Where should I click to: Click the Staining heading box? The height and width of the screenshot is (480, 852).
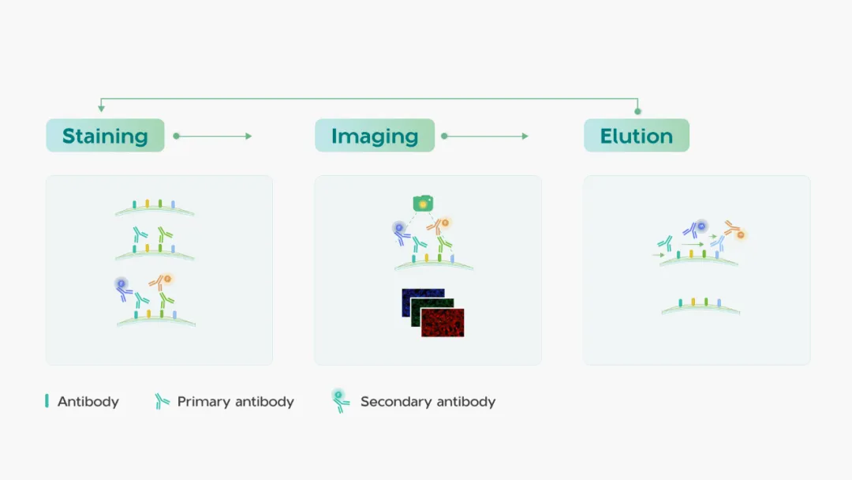coord(106,135)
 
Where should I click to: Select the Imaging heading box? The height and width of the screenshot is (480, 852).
coord(375,135)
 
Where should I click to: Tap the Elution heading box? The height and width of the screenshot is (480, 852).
coord(637,135)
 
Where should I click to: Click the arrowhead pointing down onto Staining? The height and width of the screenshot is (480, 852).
coord(101,108)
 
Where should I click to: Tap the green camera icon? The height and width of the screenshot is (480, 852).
coord(423,204)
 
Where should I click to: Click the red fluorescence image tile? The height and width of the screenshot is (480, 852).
coord(443,322)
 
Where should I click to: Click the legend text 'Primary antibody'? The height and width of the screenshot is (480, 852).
coord(235,402)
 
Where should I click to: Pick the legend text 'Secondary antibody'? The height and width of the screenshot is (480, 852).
coord(428,402)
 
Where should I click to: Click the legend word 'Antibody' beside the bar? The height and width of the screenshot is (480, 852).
coord(88,402)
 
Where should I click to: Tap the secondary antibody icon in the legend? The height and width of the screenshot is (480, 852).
coord(340,400)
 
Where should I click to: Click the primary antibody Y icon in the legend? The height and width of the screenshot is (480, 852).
coord(162,401)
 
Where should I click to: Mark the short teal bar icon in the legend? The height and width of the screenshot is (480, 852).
coord(47,400)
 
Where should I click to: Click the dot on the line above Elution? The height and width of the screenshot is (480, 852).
coord(637,111)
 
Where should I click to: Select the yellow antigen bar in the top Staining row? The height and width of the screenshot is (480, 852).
coord(148,204)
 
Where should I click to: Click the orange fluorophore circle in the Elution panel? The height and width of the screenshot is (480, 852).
coord(740,234)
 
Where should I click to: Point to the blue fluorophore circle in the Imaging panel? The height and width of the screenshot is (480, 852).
coord(399,228)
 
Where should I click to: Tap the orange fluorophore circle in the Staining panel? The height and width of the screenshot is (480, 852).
coord(167,279)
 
